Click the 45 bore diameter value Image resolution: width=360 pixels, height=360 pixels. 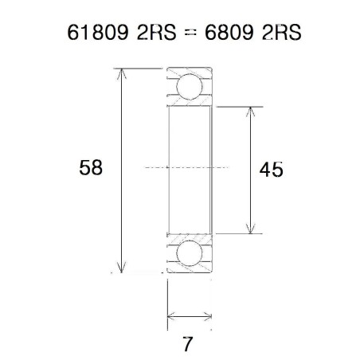pyautogui.click(x=271, y=170)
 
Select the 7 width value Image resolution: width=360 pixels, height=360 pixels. pyautogui.click(x=188, y=346)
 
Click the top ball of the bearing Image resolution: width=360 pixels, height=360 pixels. pyautogui.click(x=190, y=87)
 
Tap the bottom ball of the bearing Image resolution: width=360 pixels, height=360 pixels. pyautogui.click(x=190, y=254)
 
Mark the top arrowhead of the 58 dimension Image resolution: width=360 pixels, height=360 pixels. pyautogui.click(x=121, y=74)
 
